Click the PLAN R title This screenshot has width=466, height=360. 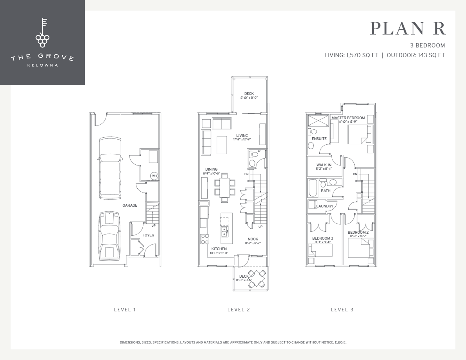tap(408, 29)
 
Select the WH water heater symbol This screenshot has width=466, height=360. tap(154, 176)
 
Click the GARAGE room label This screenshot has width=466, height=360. tap(130, 205)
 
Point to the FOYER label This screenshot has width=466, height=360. tap(148, 235)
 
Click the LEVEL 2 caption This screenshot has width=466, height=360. tap(238, 310)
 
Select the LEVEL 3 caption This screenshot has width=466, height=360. tap(342, 310)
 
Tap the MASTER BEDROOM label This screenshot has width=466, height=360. tap(348, 118)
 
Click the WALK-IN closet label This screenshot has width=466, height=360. tap(324, 165)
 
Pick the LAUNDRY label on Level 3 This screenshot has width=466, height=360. tap(325, 206)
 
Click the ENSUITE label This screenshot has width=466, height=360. tap(319, 139)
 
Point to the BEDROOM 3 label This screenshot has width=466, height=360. tap(322, 238)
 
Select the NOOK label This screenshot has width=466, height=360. tap(253, 239)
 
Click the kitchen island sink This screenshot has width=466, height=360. tap(224, 232)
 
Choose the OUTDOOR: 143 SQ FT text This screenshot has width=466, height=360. tap(416, 55)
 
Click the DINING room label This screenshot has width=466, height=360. tap(211, 169)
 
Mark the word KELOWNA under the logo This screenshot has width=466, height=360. tap(42, 65)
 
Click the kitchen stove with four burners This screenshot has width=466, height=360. tap(205, 239)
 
